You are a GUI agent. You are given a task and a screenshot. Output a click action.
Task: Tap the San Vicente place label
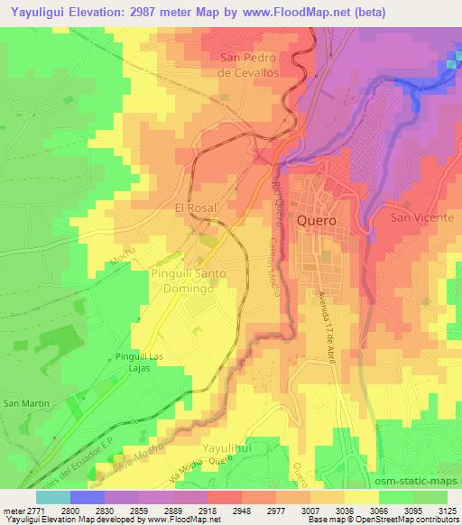[417, 217]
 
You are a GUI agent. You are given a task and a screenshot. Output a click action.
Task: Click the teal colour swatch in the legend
[53, 496]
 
